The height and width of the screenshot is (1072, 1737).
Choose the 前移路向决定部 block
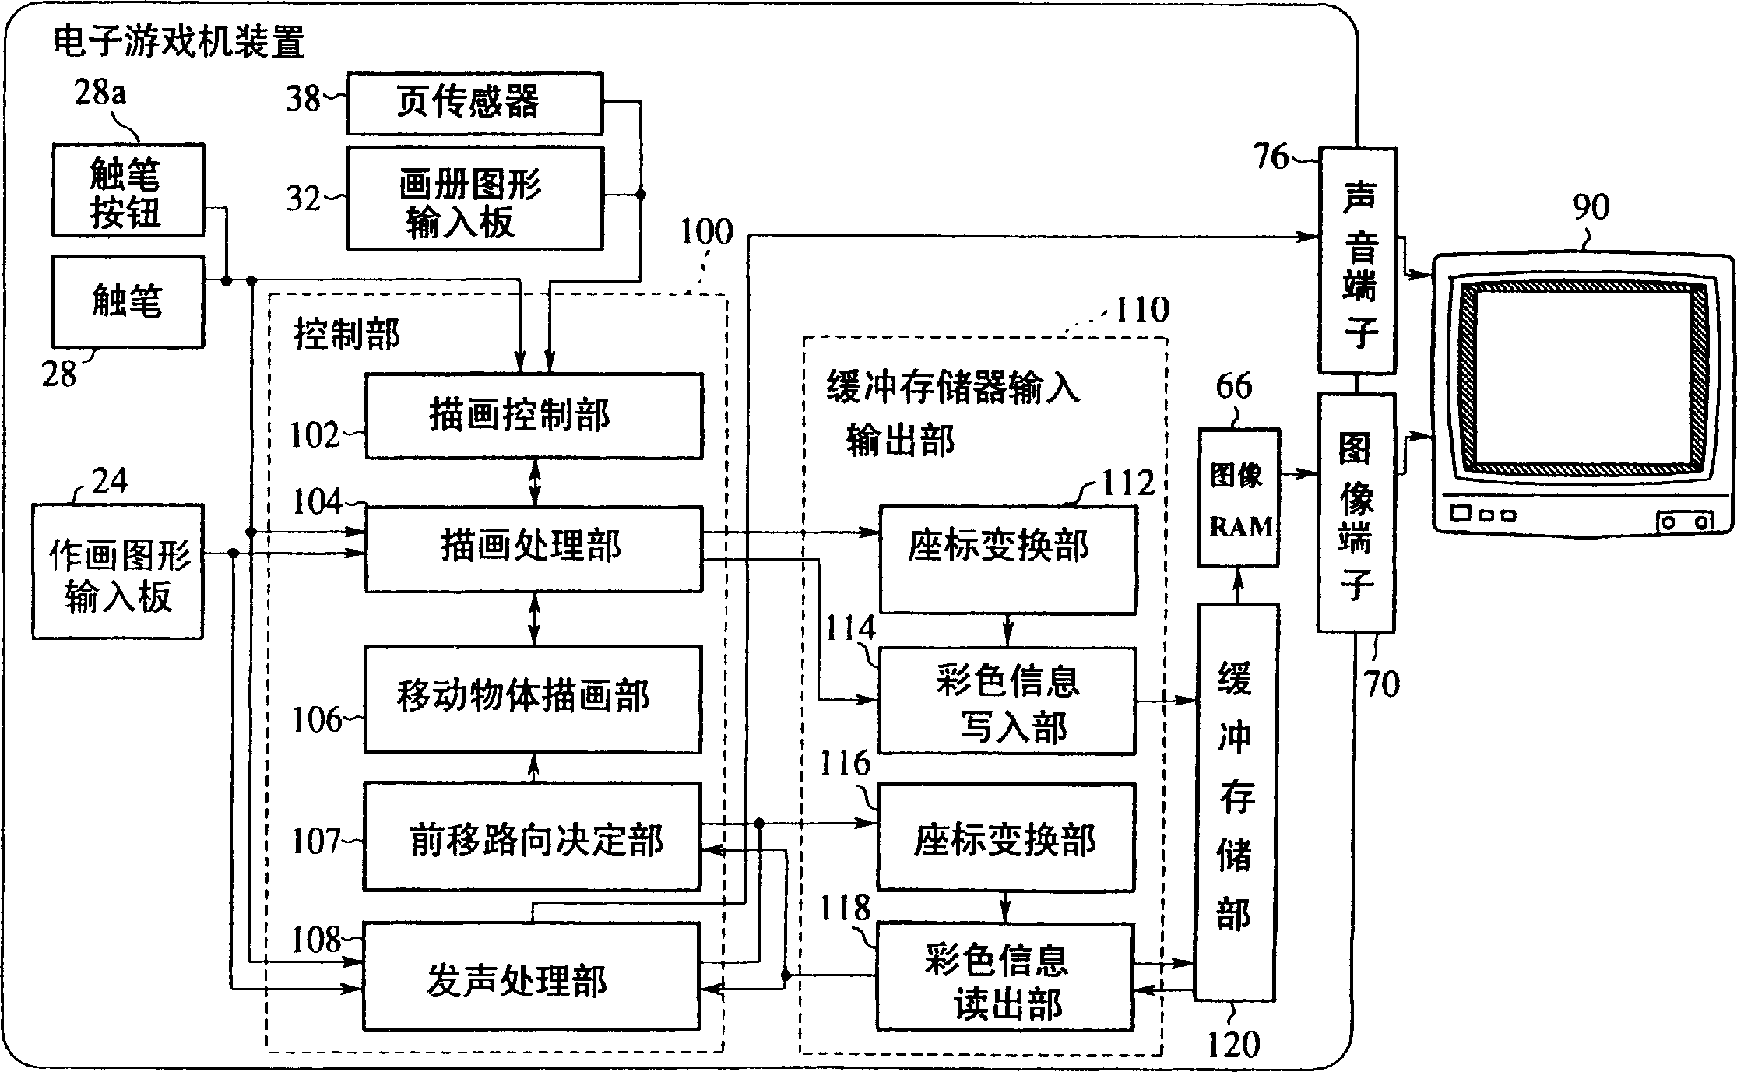(x=532, y=837)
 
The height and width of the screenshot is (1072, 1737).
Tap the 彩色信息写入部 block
(x=1007, y=700)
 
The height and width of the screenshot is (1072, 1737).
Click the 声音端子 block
(x=1357, y=261)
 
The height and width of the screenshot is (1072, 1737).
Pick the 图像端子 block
(x=1355, y=513)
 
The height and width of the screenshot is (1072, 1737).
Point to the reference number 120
(x=1234, y=1044)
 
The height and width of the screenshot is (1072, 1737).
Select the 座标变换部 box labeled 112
(x=1007, y=560)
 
